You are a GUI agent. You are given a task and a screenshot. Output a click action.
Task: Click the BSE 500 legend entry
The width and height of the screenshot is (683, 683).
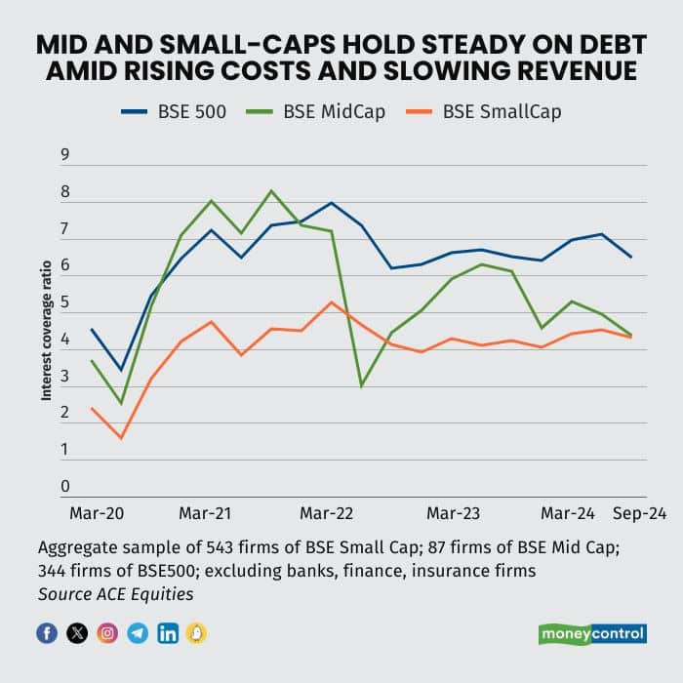176,110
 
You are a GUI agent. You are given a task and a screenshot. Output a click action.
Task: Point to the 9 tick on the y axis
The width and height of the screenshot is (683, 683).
65,154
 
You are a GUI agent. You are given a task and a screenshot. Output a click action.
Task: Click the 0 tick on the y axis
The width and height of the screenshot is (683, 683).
65,486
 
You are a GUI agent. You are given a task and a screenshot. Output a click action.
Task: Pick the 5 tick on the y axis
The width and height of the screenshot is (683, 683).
65,302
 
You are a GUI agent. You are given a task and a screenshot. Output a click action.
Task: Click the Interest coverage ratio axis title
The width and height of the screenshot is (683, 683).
46,338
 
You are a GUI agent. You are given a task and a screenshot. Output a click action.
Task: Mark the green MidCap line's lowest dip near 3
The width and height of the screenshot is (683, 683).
362,385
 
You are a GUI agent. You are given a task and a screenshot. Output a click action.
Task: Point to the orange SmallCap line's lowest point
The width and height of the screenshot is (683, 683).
121,438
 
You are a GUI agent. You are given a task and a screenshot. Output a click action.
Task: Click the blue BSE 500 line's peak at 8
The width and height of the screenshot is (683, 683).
332,203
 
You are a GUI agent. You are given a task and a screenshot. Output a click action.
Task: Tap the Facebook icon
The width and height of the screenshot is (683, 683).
47,633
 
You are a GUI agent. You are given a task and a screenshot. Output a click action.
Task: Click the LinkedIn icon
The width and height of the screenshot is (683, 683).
168,633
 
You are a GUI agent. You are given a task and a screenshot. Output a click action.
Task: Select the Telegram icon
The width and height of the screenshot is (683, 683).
138,633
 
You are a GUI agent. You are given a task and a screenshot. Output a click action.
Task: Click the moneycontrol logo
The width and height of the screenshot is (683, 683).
592,634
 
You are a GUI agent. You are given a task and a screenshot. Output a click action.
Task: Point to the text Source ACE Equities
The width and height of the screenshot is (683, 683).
113,593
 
